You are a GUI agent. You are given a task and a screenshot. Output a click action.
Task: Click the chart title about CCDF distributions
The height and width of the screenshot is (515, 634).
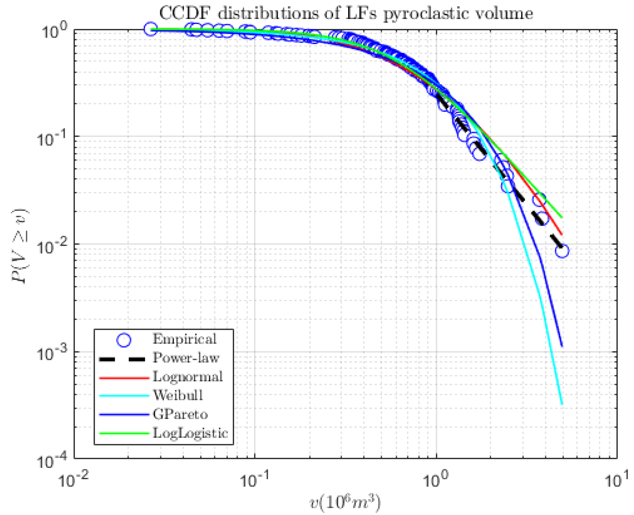tap(346, 14)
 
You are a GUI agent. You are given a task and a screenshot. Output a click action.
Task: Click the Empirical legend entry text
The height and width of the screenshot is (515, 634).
tap(184, 339)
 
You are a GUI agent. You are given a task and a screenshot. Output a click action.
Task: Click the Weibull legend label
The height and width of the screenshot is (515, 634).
tap(178, 395)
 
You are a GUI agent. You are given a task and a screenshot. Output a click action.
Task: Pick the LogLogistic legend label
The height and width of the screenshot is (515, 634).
tap(190, 433)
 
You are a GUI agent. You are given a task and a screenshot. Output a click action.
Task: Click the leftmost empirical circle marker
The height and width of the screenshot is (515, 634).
tap(151, 29)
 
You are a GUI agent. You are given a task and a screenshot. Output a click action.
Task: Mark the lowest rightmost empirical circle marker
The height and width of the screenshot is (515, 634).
tap(562, 251)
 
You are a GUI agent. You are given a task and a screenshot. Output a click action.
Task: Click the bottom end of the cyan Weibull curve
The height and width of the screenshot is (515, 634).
tap(561, 404)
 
